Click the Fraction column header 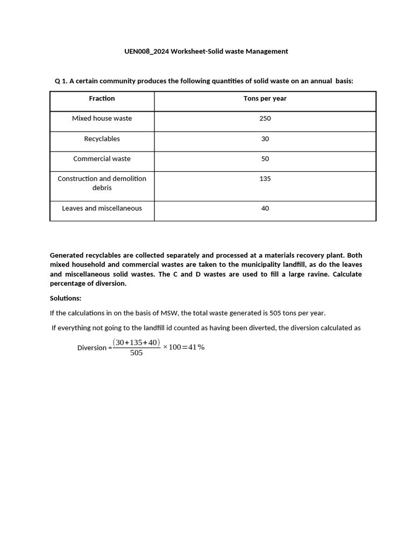(102, 98)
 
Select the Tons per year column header (265, 98)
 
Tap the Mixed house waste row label (102, 118)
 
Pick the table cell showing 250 (265, 118)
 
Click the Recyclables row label (102, 139)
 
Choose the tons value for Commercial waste (265, 158)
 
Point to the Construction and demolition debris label (102, 183)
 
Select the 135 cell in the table (265, 178)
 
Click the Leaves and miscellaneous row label (102, 208)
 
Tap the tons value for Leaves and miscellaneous (265, 208)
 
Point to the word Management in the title (267, 52)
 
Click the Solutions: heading (65, 298)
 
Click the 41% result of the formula (196, 347)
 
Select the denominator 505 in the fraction (137, 353)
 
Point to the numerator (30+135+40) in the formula (137, 342)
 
